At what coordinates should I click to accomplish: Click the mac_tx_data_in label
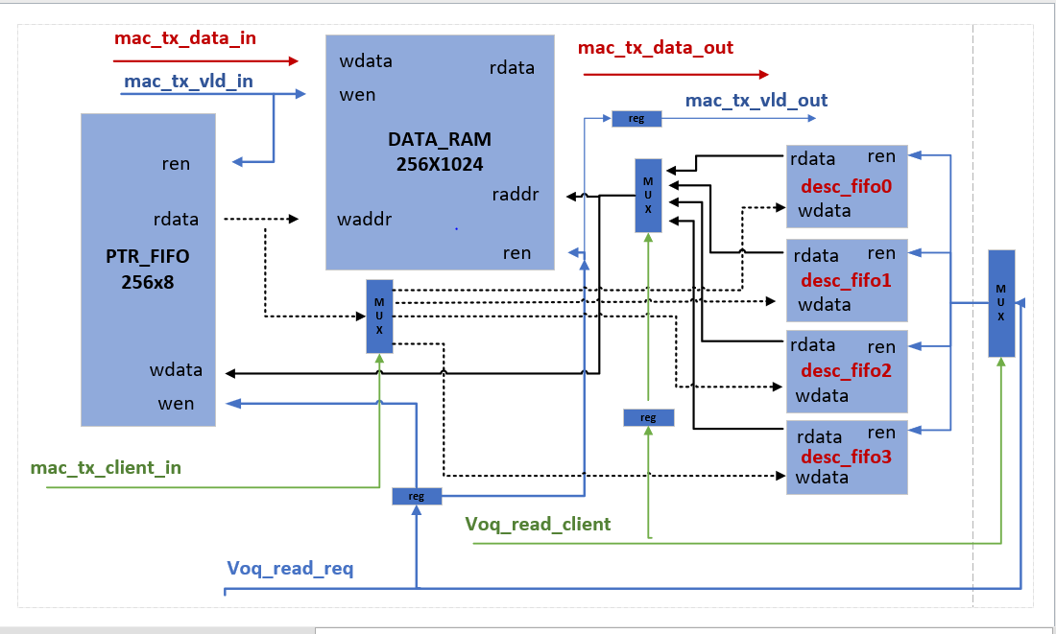(185, 38)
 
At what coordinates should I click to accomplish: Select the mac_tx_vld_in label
(188, 81)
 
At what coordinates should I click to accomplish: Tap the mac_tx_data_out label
(656, 47)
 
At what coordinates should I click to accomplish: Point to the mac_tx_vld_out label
(756, 100)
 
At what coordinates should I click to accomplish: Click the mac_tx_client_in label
(106, 468)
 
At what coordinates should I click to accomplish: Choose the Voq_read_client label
(538, 524)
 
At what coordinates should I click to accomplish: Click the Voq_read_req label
(290, 569)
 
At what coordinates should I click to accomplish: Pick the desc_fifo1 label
(846, 280)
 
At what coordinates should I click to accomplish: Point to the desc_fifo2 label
(846, 370)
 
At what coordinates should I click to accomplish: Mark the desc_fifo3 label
(846, 457)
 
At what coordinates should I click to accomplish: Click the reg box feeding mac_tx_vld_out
(636, 119)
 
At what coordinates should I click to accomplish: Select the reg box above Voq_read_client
(648, 417)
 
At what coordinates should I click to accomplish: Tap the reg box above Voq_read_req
(417, 496)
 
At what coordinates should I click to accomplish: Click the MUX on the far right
(1001, 303)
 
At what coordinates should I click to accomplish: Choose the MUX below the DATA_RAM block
(379, 316)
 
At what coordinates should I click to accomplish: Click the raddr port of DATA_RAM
(515, 195)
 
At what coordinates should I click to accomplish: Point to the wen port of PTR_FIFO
(176, 404)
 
